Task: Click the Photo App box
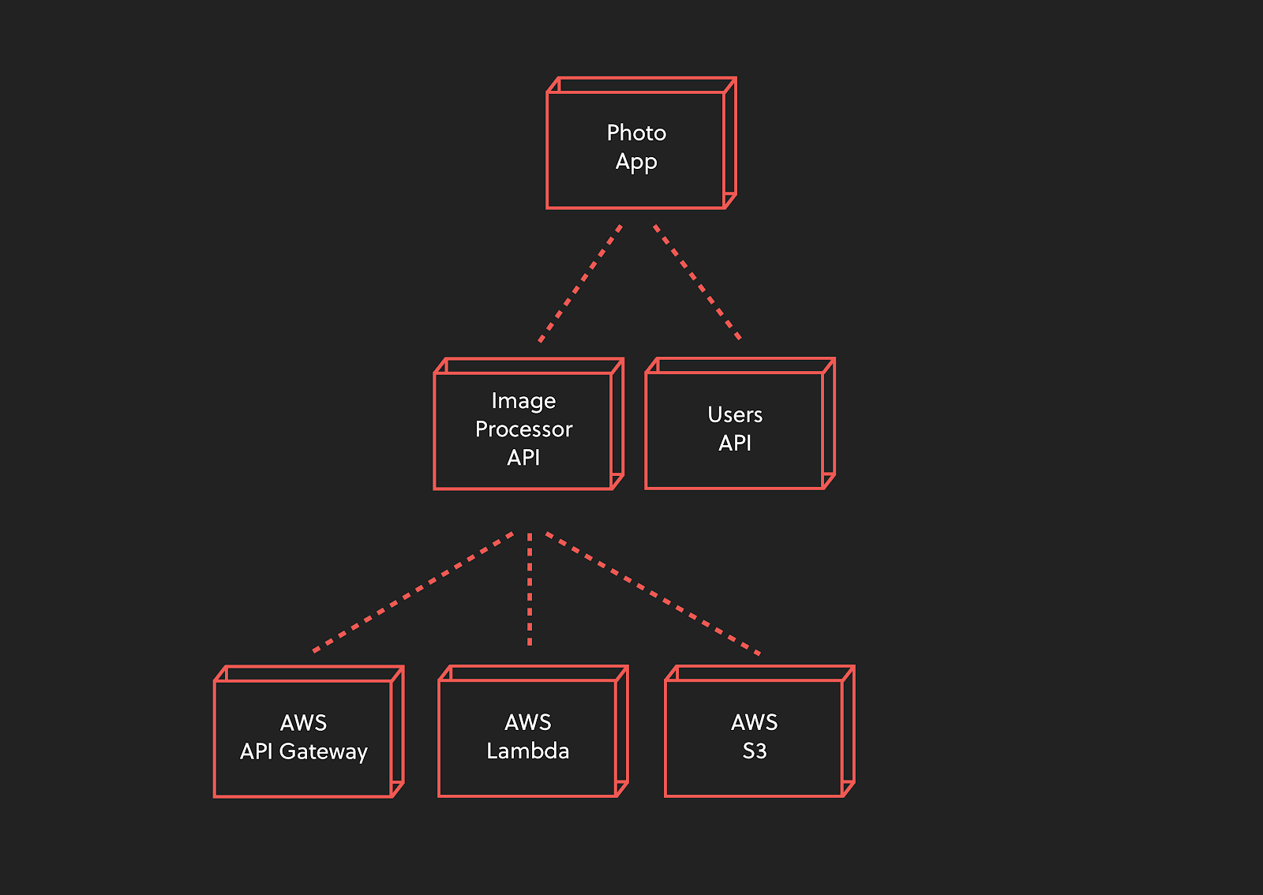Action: pyautogui.click(x=641, y=143)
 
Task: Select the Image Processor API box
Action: pyautogui.click(x=528, y=424)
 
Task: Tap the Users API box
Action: pyautogui.click(x=740, y=423)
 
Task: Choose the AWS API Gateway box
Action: pyautogui.click(x=309, y=732)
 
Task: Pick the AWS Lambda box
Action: pyautogui.click(x=533, y=731)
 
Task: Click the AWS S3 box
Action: pyautogui.click(x=759, y=731)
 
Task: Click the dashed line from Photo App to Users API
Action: pyautogui.click(x=697, y=283)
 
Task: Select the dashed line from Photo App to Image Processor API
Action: pyautogui.click(x=580, y=283)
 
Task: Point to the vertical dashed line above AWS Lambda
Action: pyautogui.click(x=530, y=589)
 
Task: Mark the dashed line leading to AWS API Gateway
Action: pyautogui.click(x=413, y=593)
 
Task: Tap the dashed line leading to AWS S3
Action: pyautogui.click(x=653, y=594)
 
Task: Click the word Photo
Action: pyautogui.click(x=636, y=133)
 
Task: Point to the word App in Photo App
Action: pyautogui.click(x=636, y=163)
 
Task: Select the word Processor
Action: pyautogui.click(x=524, y=429)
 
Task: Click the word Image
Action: pyautogui.click(x=524, y=402)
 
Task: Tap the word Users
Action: pyautogui.click(x=735, y=415)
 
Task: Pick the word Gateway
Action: pyautogui.click(x=323, y=752)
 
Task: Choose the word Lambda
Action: pyautogui.click(x=528, y=751)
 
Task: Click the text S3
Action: pyautogui.click(x=755, y=751)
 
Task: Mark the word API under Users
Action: pyautogui.click(x=735, y=443)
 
